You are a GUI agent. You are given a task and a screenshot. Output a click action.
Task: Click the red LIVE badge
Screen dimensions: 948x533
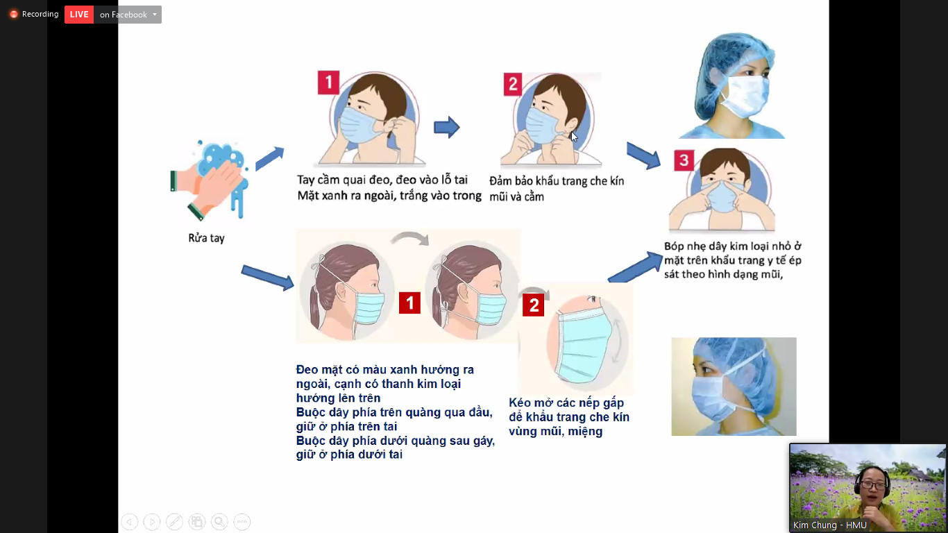[x=79, y=15]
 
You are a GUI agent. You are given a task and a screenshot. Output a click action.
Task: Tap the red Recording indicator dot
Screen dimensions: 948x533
[x=14, y=15]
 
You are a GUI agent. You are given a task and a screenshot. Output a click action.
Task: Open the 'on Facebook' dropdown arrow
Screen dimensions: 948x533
[x=155, y=15]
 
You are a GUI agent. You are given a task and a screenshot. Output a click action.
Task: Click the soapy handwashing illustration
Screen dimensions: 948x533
[x=210, y=180]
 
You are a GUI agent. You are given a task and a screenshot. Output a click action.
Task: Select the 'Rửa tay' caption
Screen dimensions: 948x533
[x=207, y=238]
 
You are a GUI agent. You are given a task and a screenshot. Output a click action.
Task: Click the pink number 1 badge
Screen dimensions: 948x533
[x=328, y=82]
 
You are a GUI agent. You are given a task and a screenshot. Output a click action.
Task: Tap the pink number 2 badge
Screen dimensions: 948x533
[x=512, y=84]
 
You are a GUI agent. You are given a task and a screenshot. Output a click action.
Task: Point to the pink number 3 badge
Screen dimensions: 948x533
[x=684, y=160]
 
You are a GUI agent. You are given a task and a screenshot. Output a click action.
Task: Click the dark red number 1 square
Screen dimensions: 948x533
[x=409, y=303]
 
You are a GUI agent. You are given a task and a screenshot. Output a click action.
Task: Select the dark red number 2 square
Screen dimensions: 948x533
[x=533, y=305]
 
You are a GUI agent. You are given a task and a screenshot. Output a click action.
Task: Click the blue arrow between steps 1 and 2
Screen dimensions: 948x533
[x=446, y=127]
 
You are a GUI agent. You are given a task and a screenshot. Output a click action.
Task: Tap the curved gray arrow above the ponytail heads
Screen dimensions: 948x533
[x=410, y=238]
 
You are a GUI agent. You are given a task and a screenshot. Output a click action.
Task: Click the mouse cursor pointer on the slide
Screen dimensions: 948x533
[x=574, y=137]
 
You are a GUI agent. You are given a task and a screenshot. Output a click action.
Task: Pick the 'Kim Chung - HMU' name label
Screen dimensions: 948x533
[x=829, y=525]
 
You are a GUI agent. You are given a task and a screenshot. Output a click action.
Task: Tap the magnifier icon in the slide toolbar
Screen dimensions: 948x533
[x=219, y=522]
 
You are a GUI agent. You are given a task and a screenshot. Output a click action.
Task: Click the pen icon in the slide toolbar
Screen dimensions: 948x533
[x=174, y=522]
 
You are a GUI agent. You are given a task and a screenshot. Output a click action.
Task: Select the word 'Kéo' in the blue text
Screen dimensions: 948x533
[x=520, y=403]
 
